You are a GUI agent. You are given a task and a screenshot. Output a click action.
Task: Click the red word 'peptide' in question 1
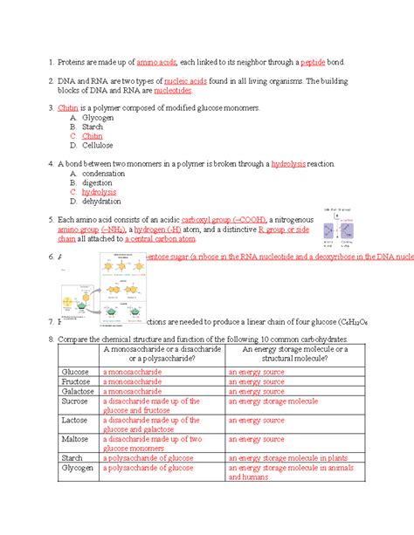click(x=313, y=63)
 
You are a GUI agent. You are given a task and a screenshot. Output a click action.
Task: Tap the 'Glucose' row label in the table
click(x=74, y=371)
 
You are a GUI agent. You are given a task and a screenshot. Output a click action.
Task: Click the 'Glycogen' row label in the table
click(x=77, y=468)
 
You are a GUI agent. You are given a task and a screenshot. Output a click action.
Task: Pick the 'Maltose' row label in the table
click(x=75, y=441)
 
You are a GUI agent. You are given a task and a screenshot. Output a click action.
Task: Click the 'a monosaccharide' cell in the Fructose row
click(x=132, y=381)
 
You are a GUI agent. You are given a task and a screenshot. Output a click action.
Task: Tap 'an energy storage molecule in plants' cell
click(x=287, y=456)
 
